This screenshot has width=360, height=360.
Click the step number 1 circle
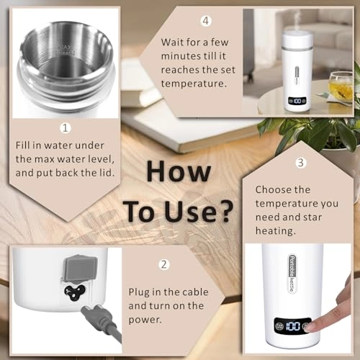tap(65, 128)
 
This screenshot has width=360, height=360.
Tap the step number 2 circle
tap(163, 264)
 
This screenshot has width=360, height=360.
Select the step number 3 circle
tap(301, 163)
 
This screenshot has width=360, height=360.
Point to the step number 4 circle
tap(206, 20)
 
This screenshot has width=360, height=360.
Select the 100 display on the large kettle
tap(292, 326)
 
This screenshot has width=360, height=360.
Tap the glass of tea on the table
tap(339, 86)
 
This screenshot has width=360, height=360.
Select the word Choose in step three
tap(271, 190)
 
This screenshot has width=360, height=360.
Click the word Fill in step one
tap(24, 145)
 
